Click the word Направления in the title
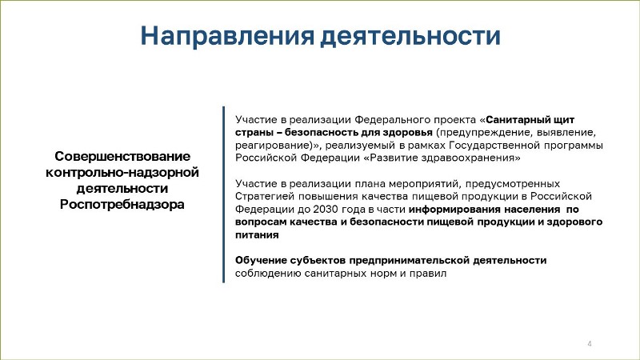tap(227, 36)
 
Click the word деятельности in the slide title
tap(410, 36)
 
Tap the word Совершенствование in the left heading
tap(122, 156)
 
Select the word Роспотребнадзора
tap(122, 204)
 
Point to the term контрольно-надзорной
tap(122, 172)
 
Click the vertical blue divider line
tap(224, 194)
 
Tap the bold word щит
tap(564, 121)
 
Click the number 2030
tap(326, 210)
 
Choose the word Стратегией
tap(265, 196)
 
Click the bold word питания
tap(257, 235)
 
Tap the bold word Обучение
tap(262, 261)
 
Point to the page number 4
tap(590, 344)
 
